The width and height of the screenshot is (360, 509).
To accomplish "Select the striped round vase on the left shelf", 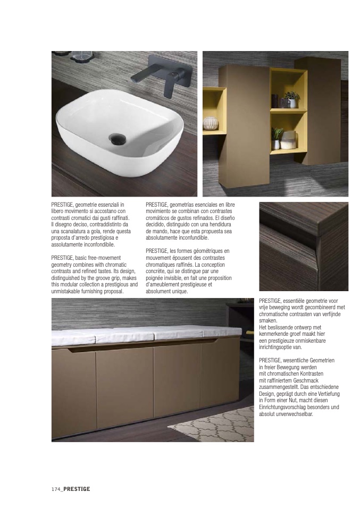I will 211,123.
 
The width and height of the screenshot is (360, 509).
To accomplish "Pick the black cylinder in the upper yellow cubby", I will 275,101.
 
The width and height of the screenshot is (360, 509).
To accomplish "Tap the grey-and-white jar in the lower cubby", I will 289,140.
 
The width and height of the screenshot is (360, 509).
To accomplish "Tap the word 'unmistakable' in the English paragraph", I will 67,291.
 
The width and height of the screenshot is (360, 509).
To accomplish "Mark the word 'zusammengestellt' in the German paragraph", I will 280,387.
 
